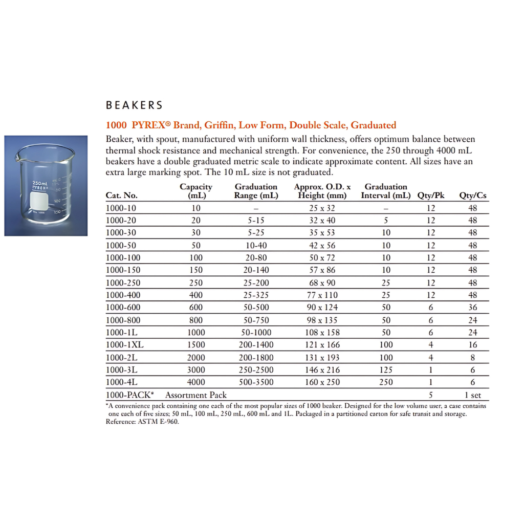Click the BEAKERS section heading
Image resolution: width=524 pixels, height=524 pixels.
(134, 105)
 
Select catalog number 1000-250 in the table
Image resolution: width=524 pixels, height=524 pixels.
(123, 282)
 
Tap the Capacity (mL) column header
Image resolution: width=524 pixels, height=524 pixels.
(195, 191)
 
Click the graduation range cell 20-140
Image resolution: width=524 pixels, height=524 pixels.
(256, 270)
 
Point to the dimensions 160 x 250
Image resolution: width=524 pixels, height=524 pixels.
(321, 382)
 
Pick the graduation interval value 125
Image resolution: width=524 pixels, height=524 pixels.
(386, 370)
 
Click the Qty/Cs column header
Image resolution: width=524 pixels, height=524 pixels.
(472, 195)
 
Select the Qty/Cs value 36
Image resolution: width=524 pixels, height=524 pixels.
(473, 308)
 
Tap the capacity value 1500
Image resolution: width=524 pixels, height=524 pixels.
(195, 345)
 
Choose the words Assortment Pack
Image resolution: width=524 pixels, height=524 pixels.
(196, 395)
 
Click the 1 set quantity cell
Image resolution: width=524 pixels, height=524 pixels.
(473, 395)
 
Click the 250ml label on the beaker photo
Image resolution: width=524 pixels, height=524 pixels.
(40, 183)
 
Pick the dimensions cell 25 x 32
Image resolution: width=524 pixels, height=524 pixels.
(321, 208)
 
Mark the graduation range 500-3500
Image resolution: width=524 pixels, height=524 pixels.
(256, 382)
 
